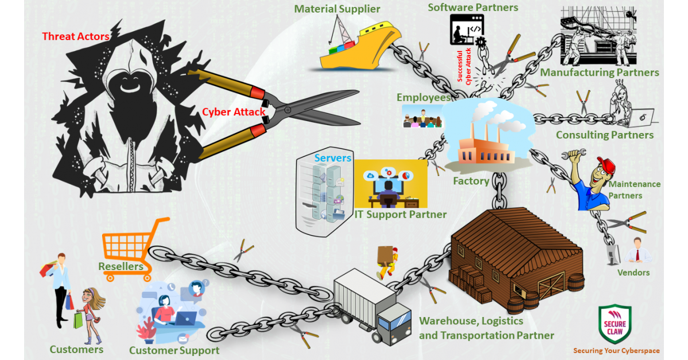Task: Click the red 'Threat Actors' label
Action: coord(76,37)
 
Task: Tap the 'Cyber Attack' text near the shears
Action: coord(234,112)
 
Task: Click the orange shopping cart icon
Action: coord(135,244)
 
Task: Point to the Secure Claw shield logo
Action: coord(615,324)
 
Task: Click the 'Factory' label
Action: coord(471,181)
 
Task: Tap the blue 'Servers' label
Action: coord(333,158)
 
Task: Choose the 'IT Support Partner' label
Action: coord(400,215)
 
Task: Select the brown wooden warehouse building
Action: coord(516,252)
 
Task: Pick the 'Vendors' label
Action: coord(633,272)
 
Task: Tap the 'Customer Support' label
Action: coord(174,350)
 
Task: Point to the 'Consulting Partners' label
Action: coord(604,135)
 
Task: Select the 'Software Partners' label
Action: coord(473,7)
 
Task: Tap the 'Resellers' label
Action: coord(120,267)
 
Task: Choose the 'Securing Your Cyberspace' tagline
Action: coord(616,351)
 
